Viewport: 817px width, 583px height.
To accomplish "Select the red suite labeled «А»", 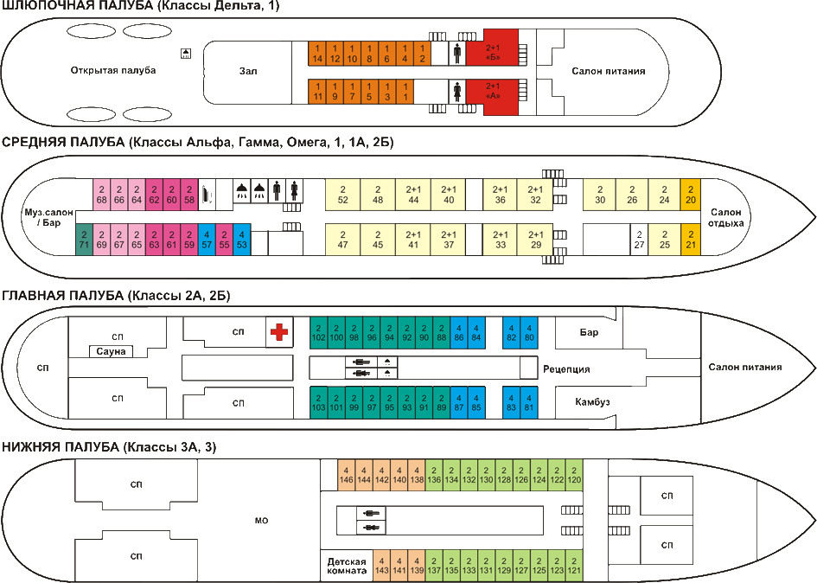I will [492, 91].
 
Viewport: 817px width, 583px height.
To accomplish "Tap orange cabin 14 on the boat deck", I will [318, 53].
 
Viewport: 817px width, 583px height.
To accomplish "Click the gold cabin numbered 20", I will [690, 195].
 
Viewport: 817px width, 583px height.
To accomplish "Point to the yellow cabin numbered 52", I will [343, 195].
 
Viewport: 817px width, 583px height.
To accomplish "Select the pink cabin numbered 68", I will [101, 195].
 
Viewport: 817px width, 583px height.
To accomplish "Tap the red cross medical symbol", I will [278, 331].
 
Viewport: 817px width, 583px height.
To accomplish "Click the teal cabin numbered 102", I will [318, 331].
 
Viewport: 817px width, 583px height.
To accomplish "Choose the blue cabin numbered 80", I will [529, 331].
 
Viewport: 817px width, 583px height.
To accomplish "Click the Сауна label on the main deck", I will [112, 351].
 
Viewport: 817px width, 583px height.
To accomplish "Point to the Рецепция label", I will [566, 369].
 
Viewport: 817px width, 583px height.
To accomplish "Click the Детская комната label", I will [346, 566].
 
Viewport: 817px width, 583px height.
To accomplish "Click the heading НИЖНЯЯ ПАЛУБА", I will [61, 447].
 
